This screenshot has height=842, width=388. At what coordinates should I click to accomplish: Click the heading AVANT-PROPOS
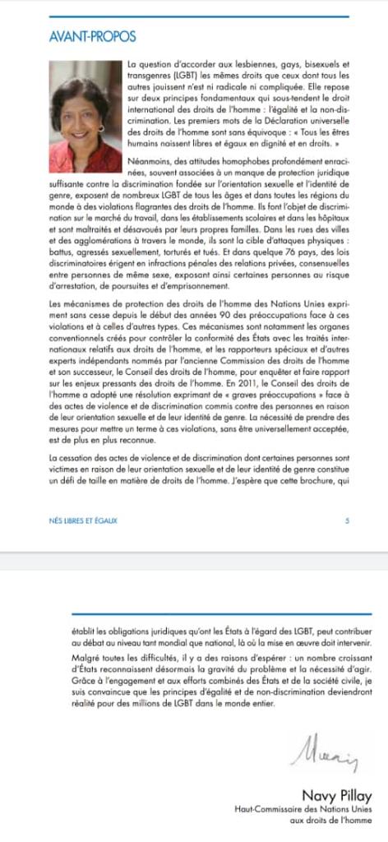click(x=92, y=37)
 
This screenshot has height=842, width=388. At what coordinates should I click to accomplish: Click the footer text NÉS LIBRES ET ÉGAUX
click(x=83, y=520)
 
